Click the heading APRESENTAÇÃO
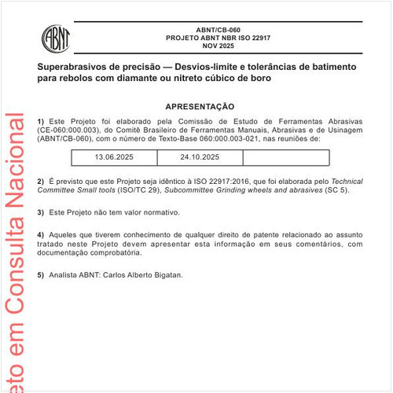pyautogui.click(x=200, y=106)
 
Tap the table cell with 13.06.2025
pyautogui.click(x=115, y=157)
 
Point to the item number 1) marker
pyautogui.click(x=41, y=120)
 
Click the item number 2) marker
pyautogui.click(x=41, y=182)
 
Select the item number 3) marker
pyautogui.click(x=41, y=212)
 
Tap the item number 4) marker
pyautogui.click(x=41, y=235)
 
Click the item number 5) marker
pyautogui.click(x=41, y=274)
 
